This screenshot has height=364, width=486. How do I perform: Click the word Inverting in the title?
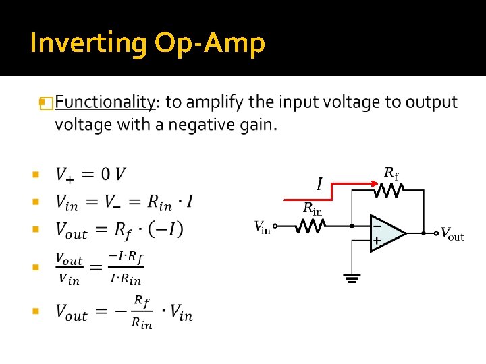coord(88,43)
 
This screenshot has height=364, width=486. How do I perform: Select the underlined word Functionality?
coord(104,102)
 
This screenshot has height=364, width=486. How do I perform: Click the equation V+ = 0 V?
coord(90,175)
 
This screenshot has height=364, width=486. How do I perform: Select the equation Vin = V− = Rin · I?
coord(124,202)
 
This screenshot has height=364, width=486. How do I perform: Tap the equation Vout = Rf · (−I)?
coord(119,230)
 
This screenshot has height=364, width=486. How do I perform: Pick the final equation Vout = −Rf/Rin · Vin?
coord(124,312)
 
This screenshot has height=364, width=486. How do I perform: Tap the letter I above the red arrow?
coord(319,183)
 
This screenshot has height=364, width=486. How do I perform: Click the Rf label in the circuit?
coord(391,173)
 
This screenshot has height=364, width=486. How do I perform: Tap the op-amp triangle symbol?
coord(387,233)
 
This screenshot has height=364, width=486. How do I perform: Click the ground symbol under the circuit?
coord(352,278)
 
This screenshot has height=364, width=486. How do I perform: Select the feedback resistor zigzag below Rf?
coord(390,191)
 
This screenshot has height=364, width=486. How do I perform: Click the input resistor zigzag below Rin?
coord(312,227)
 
